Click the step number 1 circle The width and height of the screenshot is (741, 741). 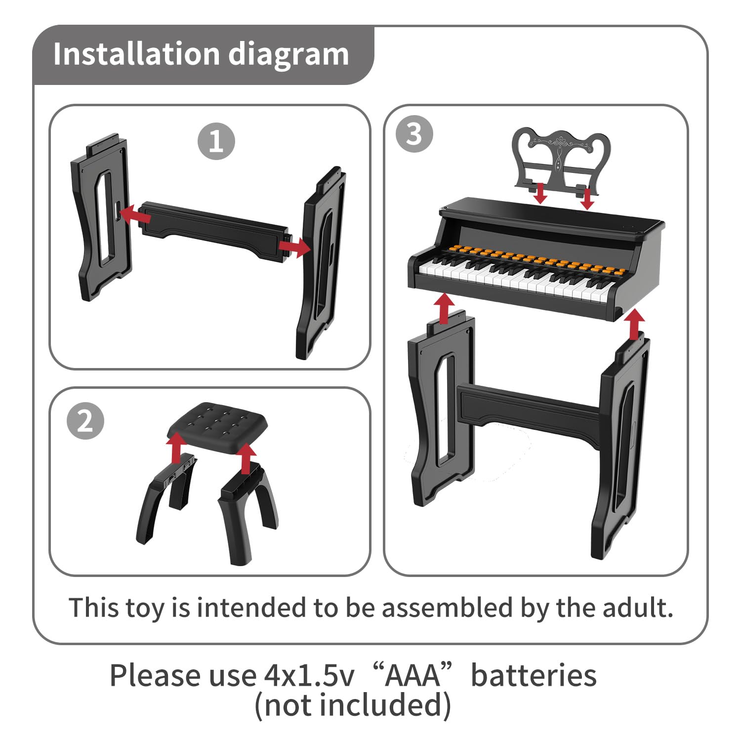[x=216, y=141]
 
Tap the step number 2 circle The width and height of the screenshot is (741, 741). [x=85, y=421]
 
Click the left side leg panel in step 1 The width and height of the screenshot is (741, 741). [x=101, y=217]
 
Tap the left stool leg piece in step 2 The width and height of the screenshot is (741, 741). [x=167, y=496]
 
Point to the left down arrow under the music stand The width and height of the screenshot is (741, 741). [x=541, y=193]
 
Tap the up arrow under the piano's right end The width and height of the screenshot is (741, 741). [x=634, y=324]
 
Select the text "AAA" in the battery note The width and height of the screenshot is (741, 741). [x=412, y=675]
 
